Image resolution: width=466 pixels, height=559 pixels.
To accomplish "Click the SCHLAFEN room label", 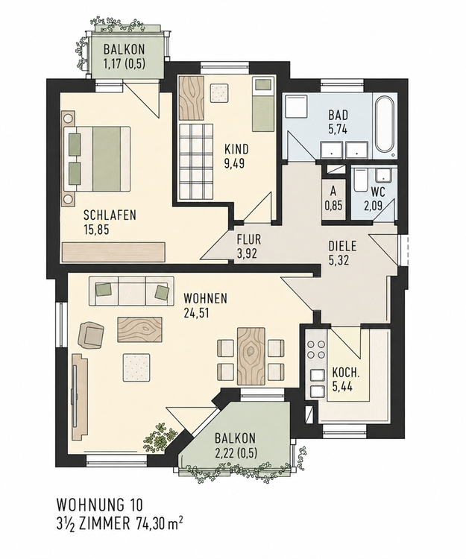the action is pyautogui.click(x=110, y=215).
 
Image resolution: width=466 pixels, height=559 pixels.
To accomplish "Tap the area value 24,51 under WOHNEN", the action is pyautogui.click(x=196, y=312).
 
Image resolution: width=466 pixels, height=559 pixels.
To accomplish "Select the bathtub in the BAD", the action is pyautogui.click(x=385, y=126).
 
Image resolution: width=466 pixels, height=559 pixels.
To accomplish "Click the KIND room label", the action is pyautogui.click(x=236, y=148).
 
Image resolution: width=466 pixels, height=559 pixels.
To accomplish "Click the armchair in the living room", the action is pyautogui.click(x=91, y=335).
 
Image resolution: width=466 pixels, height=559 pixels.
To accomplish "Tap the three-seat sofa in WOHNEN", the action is pyautogui.click(x=131, y=291).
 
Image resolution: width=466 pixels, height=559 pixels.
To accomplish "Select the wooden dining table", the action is pyautogui.click(x=251, y=356).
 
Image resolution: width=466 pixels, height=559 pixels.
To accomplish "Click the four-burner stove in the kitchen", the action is pyautogui.click(x=317, y=350).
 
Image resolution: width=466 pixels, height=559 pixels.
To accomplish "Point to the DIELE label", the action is pyautogui.click(x=342, y=247).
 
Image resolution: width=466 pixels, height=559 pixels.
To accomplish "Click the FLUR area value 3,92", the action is pyautogui.click(x=247, y=253).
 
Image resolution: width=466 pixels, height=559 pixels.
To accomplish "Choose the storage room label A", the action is pyautogui.click(x=333, y=191).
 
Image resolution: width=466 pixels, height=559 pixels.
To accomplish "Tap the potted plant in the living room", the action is pyautogui.click(x=160, y=438).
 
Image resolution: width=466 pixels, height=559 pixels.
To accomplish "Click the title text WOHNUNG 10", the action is pyautogui.click(x=99, y=505).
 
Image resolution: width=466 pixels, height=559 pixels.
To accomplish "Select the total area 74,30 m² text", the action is pyautogui.click(x=160, y=524).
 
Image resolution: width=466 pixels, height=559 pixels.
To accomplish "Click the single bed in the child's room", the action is pyautogui.click(x=262, y=104).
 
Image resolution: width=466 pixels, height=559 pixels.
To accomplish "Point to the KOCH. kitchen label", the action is pyautogui.click(x=346, y=373).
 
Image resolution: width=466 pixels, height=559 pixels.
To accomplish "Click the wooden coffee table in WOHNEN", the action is pyautogui.click(x=139, y=329).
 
